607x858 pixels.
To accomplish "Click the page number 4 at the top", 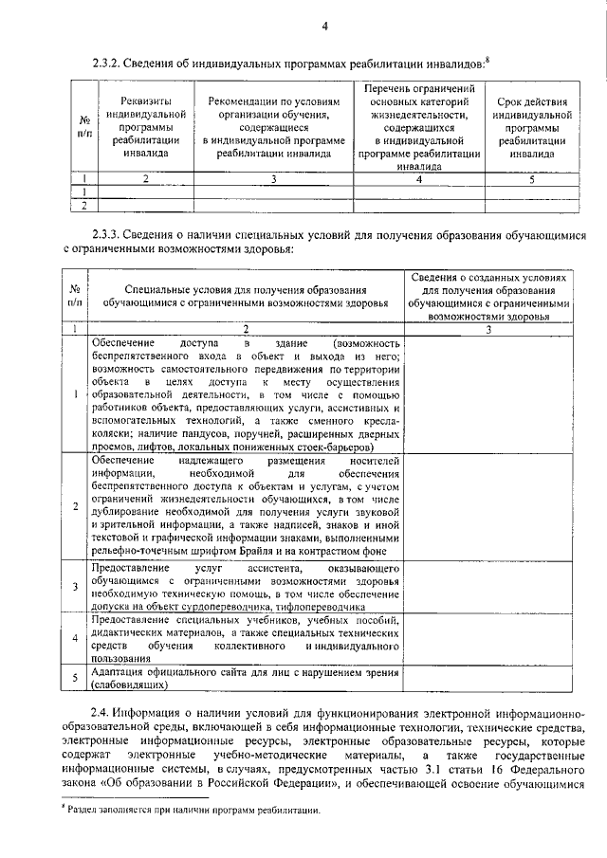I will [x=323, y=26].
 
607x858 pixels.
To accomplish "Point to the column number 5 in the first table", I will [x=532, y=177].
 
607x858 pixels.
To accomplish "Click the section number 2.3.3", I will [x=110, y=234].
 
